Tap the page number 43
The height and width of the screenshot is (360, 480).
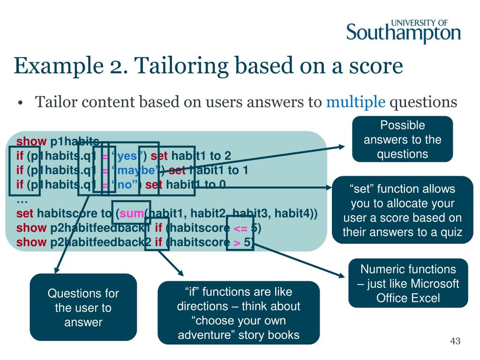pos(455,341)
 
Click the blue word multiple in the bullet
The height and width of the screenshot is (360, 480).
pos(356,102)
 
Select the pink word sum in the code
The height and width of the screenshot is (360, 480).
pos(132,214)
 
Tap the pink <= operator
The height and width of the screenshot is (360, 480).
pos(239,228)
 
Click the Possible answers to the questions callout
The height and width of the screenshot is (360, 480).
pos(402,139)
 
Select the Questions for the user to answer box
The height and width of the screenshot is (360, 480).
pos(83,307)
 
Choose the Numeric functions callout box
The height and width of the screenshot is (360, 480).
pos(408,283)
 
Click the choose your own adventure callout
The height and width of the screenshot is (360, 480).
pos(239,313)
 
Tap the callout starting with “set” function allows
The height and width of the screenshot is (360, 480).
pos(402,210)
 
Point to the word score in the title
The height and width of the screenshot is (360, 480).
pos(376,66)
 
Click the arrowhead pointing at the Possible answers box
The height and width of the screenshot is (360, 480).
pos(342,147)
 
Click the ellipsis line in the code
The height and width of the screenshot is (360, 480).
pos(22,200)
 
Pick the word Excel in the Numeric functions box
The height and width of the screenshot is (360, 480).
pos(426,298)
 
